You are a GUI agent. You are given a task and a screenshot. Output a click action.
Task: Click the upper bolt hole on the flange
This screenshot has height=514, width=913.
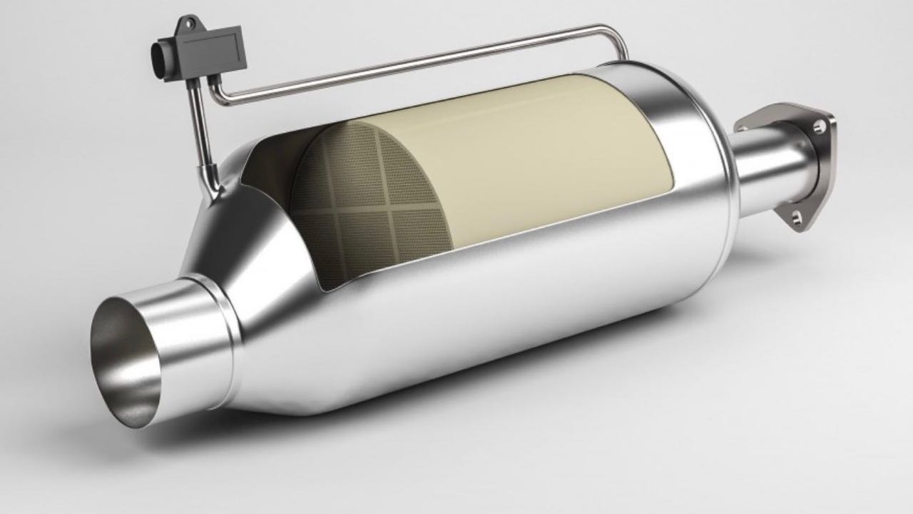[819, 126]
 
